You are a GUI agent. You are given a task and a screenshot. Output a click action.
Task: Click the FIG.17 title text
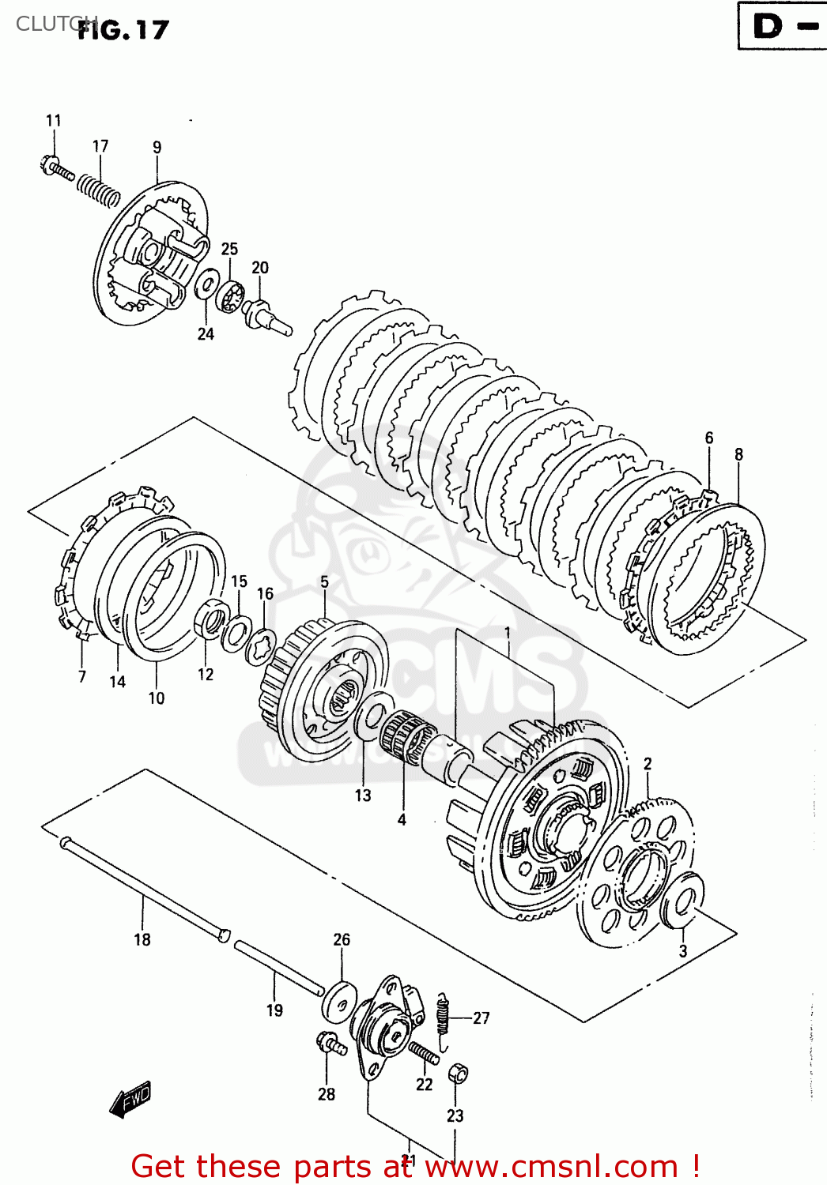pos(124,30)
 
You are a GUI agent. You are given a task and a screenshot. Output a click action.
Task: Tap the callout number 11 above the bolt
pos(53,121)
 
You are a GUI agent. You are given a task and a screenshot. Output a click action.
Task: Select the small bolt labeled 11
pos(55,167)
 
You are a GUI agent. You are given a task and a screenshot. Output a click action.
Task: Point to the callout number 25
pos(229,249)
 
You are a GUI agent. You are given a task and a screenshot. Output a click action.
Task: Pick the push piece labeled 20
pos(266,315)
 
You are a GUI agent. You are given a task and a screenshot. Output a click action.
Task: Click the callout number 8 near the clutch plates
pos(738,454)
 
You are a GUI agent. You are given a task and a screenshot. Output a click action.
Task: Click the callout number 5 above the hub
pos(324,582)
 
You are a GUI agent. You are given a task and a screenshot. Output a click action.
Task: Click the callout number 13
pos(363,796)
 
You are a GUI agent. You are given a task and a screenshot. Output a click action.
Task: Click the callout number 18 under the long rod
pos(142,939)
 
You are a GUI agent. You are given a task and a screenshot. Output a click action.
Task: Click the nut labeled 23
pos(458,1074)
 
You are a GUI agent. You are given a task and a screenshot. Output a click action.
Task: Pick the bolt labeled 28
pos(330,1045)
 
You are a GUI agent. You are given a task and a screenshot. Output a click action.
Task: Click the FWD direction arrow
pos(130,1099)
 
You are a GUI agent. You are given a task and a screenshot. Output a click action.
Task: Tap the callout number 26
pos(342,939)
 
